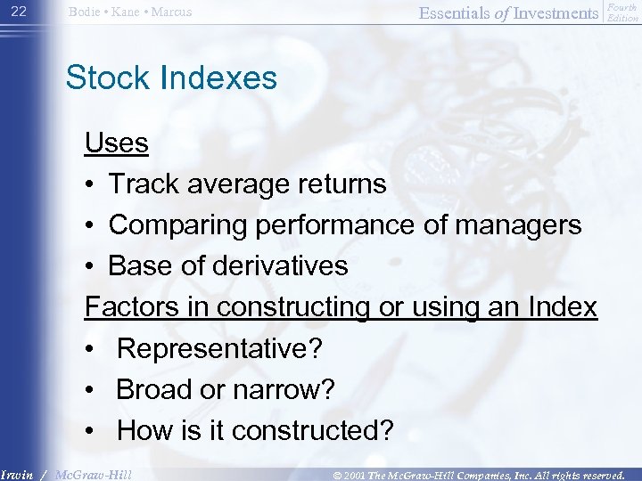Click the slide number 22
click(20, 12)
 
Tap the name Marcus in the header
click(169, 12)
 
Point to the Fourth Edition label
click(621, 12)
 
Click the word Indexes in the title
click(219, 78)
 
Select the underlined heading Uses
click(117, 143)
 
